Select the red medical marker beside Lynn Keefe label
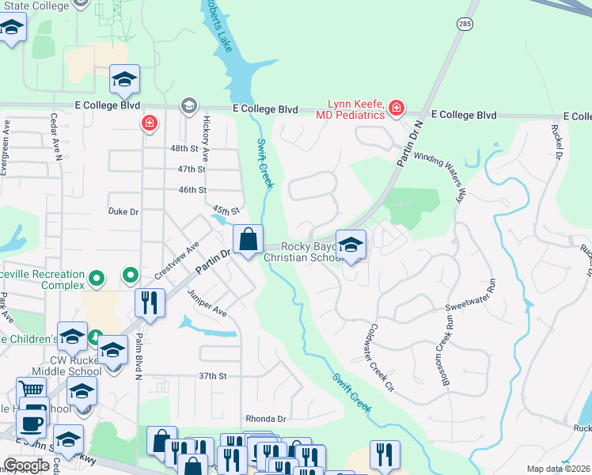click(x=395, y=108)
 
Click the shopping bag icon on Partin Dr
click(x=248, y=238)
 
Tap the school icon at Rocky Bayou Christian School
click(x=351, y=244)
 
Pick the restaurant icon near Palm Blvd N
click(x=149, y=302)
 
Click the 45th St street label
click(x=226, y=211)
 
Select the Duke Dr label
click(x=123, y=211)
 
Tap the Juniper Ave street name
click(x=207, y=303)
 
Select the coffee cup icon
click(x=31, y=423)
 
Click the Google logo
click(x=26, y=465)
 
